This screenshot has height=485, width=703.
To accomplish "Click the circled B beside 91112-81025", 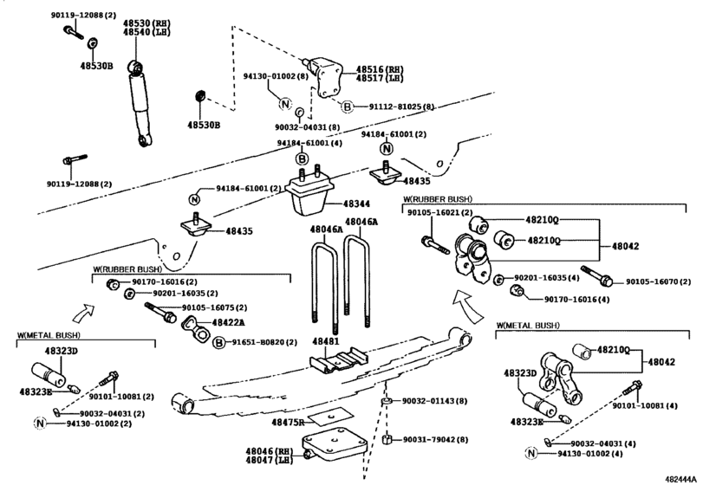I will pyautogui.click(x=346, y=107).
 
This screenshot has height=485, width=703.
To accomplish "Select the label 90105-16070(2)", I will pyautogui.click(x=658, y=282).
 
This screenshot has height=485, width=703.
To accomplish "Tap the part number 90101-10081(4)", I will pyautogui.click(x=644, y=404).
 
